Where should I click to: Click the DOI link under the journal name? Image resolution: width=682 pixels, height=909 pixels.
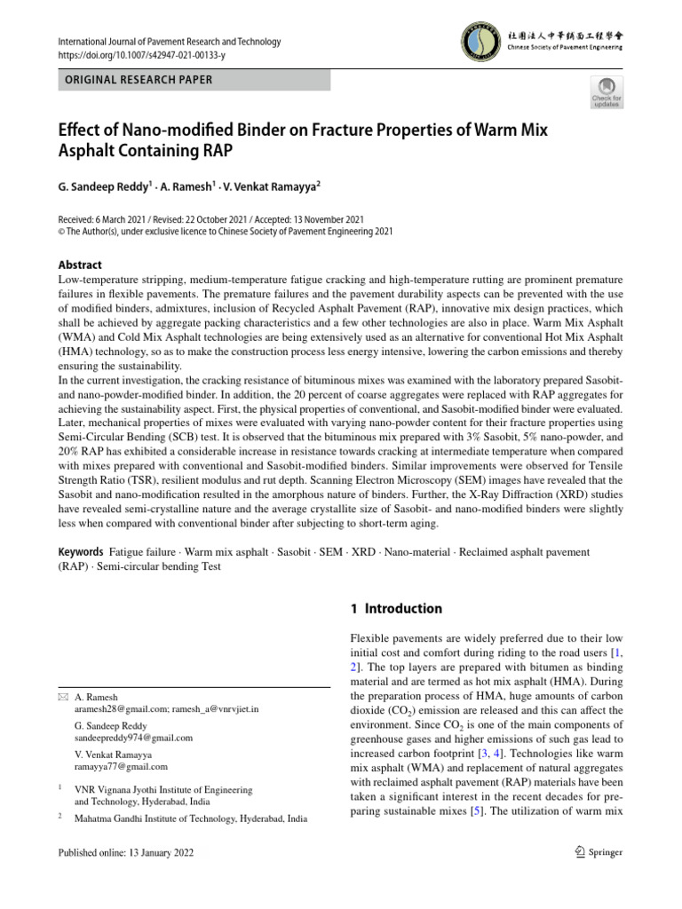point(139,55)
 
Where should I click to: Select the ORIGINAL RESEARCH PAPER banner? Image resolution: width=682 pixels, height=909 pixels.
point(194,80)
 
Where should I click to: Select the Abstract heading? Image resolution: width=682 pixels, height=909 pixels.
point(80,265)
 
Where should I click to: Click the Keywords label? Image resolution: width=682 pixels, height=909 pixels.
point(81,552)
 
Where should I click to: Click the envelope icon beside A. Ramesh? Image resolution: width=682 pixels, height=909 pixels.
point(62,698)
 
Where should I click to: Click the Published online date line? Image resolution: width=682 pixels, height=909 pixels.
point(125,852)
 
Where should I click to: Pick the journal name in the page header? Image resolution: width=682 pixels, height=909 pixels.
point(169,42)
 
